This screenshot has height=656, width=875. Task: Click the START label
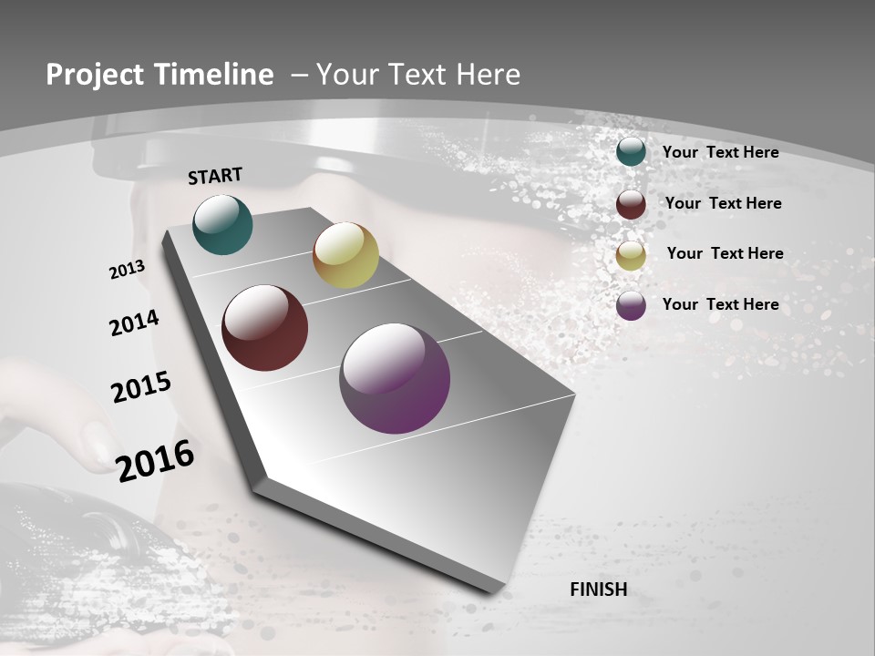pos(215,176)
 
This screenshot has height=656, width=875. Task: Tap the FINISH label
pos(599,589)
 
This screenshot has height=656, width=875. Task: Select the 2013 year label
pos(128,270)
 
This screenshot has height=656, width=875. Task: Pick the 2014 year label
pos(135,323)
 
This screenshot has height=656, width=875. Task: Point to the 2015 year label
pos(141,387)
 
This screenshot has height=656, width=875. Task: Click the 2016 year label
pos(155,461)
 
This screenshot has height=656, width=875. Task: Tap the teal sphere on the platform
pos(222,224)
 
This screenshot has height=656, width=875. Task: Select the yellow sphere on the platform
pos(345,255)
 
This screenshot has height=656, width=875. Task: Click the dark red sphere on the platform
pos(264,328)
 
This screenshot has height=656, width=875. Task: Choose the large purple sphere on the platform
pos(395,378)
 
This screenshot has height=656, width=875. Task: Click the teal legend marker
pos(631,152)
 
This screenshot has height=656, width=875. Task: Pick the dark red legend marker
pos(631,204)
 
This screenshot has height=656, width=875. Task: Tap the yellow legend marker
pos(631,255)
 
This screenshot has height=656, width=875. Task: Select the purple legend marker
pos(631,305)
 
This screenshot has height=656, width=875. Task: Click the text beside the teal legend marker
pos(720,152)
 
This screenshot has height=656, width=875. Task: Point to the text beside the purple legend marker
pos(720,304)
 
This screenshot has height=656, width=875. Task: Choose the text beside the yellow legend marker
pos(725,253)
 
